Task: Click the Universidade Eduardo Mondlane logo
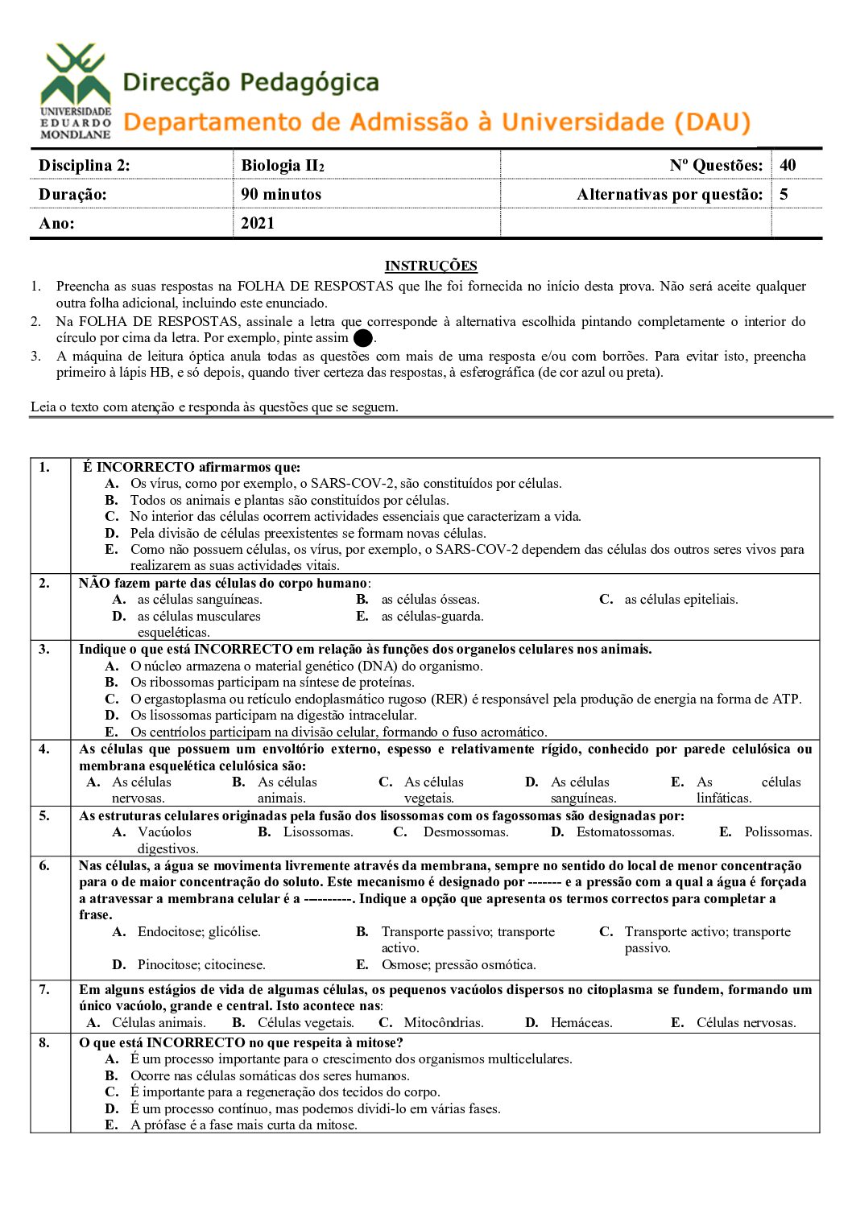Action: click(76, 91)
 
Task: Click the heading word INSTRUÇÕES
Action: click(431, 266)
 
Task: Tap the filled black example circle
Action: click(363, 339)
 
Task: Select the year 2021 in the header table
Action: click(258, 223)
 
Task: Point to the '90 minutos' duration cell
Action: click(281, 194)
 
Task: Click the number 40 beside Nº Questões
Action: click(788, 165)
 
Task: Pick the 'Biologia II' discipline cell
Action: click(282, 165)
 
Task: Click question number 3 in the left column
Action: click(44, 649)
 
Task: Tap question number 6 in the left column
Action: click(44, 865)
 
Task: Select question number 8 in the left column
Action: click(44, 1042)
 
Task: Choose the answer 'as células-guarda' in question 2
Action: click(432, 616)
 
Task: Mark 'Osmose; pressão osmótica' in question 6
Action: click(458, 964)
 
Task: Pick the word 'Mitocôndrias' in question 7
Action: click(444, 1022)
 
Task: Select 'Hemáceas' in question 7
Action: click(581, 1022)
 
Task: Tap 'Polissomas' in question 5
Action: click(778, 832)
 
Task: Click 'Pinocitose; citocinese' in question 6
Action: click(201, 964)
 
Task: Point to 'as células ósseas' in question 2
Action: click(430, 599)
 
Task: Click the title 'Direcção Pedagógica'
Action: click(250, 82)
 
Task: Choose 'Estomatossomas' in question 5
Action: click(625, 832)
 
